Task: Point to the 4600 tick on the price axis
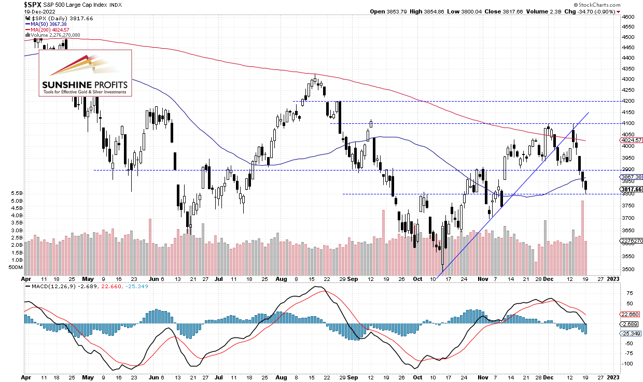629,17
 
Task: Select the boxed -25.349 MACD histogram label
631,333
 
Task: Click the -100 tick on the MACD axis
628,363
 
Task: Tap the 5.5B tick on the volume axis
15,193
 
